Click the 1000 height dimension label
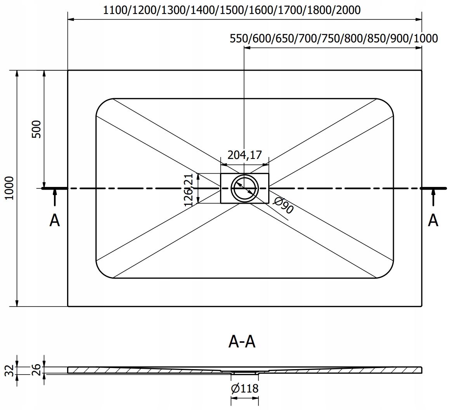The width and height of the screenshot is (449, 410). pyautogui.click(x=9, y=188)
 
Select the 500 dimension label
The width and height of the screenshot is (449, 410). pyautogui.click(x=36, y=129)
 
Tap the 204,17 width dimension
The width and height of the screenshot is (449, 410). pyautogui.click(x=244, y=155)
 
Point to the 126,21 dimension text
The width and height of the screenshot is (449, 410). pyautogui.click(x=189, y=189)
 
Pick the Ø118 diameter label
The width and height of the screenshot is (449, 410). pyautogui.click(x=244, y=388)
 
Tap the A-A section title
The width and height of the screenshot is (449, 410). pyautogui.click(x=242, y=342)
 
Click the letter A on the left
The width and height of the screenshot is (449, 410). pyautogui.click(x=55, y=220)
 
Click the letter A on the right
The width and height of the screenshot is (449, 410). pyautogui.click(x=433, y=220)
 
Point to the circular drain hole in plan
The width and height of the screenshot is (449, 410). pyautogui.click(x=244, y=188)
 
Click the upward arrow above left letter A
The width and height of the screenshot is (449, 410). pyautogui.click(x=55, y=198)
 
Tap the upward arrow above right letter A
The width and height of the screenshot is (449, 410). pyautogui.click(x=433, y=198)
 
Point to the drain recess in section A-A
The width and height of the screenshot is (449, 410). pyautogui.click(x=244, y=372)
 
